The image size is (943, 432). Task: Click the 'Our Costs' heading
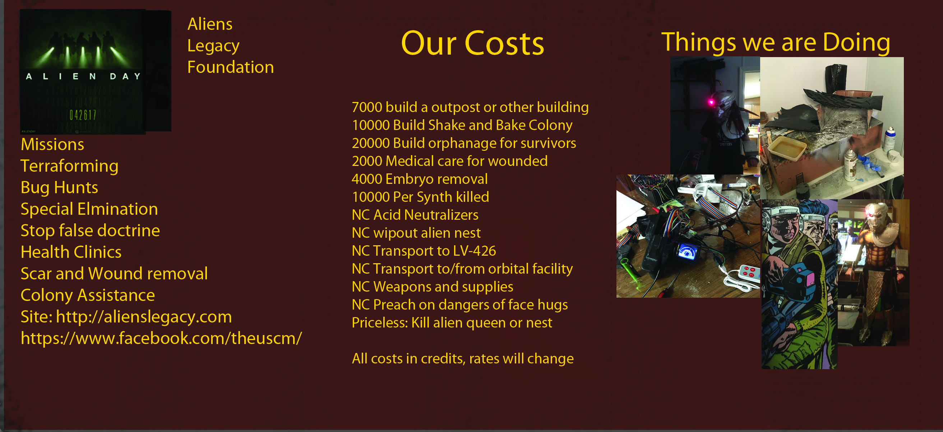click(x=472, y=43)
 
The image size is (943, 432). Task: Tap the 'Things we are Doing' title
click(x=776, y=42)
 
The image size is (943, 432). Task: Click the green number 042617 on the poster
click(x=83, y=115)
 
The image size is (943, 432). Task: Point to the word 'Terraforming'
click(x=70, y=166)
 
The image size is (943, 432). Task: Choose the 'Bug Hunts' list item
click(x=59, y=188)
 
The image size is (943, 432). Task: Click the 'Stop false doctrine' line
click(x=90, y=231)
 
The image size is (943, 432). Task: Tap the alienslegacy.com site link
click(x=144, y=317)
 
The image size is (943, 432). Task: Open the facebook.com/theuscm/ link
click(x=161, y=338)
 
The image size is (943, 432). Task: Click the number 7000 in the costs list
click(x=367, y=107)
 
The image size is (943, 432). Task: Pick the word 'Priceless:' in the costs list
click(x=380, y=322)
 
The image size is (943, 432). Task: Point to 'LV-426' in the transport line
click(x=475, y=251)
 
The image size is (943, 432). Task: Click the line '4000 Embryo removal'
click(x=420, y=179)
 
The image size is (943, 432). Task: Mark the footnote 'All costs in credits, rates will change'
click(x=463, y=358)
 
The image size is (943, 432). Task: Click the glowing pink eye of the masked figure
click(x=711, y=102)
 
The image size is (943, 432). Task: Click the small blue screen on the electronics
click(x=687, y=252)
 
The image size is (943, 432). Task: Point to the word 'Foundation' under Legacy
click(x=231, y=67)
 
